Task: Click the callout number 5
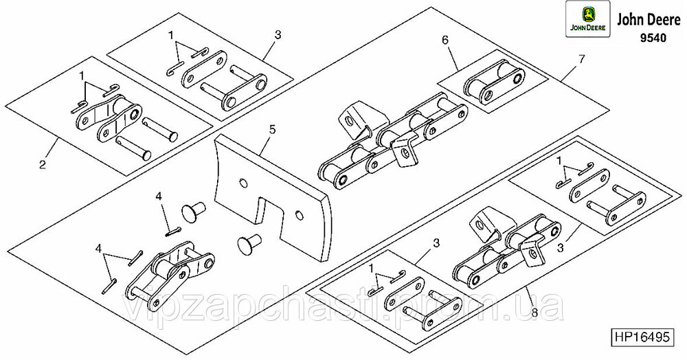click(273, 130)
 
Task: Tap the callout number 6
click(444, 41)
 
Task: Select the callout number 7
click(581, 60)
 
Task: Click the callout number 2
click(43, 165)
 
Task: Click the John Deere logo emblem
click(587, 19)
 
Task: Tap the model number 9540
click(653, 38)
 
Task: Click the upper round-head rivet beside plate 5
click(194, 212)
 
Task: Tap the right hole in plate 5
click(300, 215)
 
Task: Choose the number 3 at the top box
click(278, 34)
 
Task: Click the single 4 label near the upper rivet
click(159, 197)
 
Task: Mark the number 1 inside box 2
click(82, 76)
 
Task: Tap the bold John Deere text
click(648, 21)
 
